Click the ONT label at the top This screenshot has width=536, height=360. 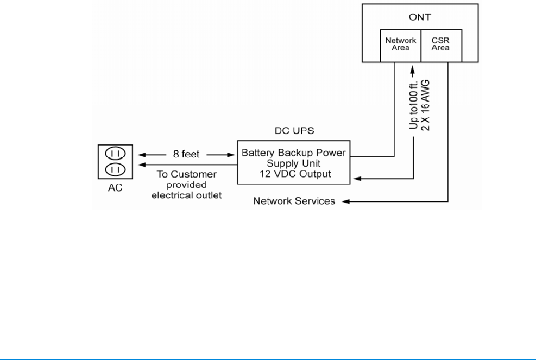click(x=420, y=17)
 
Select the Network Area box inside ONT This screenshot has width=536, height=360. click(x=400, y=44)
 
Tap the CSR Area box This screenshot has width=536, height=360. click(x=440, y=44)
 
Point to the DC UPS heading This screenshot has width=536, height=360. click(x=293, y=131)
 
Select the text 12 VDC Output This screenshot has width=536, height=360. click(x=293, y=174)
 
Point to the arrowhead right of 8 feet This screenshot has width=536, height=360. click(x=231, y=154)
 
